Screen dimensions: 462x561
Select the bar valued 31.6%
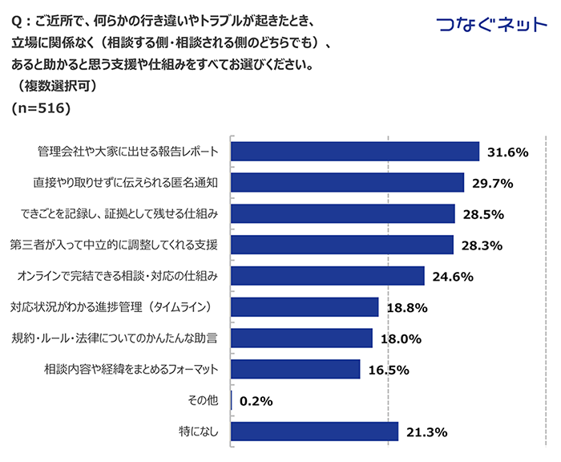(x=355, y=152)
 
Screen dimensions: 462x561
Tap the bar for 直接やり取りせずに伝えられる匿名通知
(x=348, y=183)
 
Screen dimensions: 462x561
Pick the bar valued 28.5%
(x=343, y=213)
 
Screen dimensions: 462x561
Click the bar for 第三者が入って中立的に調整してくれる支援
(x=342, y=245)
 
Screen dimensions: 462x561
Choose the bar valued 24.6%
(x=328, y=276)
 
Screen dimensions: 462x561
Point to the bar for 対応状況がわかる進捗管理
(x=305, y=307)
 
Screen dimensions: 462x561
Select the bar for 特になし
(x=315, y=432)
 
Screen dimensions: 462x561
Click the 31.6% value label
(x=507, y=152)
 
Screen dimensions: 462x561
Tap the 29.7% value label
(x=492, y=184)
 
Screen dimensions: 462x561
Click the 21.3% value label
(x=426, y=432)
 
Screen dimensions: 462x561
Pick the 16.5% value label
(x=388, y=370)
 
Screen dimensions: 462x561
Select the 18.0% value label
(x=401, y=338)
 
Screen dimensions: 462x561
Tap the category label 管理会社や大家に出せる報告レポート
(x=132, y=152)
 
